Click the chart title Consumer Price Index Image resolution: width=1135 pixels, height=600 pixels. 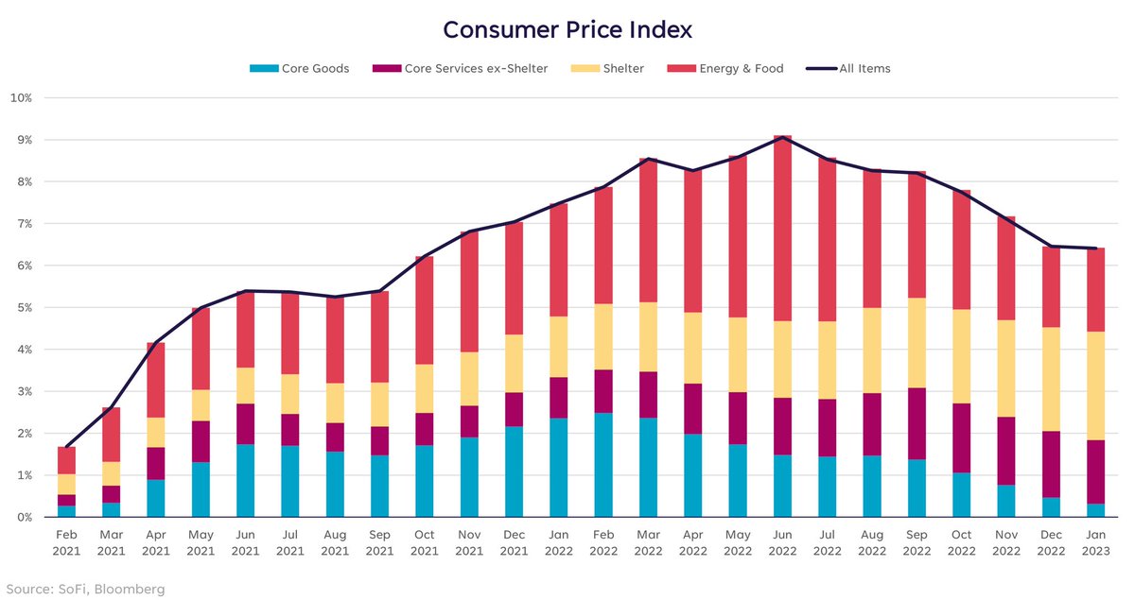point(567,29)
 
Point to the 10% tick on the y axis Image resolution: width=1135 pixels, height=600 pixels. point(21,98)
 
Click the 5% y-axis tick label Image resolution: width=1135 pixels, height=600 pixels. point(21,308)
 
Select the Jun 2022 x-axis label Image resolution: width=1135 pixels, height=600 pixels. point(782,543)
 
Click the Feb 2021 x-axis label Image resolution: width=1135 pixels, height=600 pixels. point(66,543)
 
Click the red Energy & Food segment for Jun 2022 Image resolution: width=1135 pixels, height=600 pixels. point(782,227)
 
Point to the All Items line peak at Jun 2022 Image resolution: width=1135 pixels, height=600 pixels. point(782,137)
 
